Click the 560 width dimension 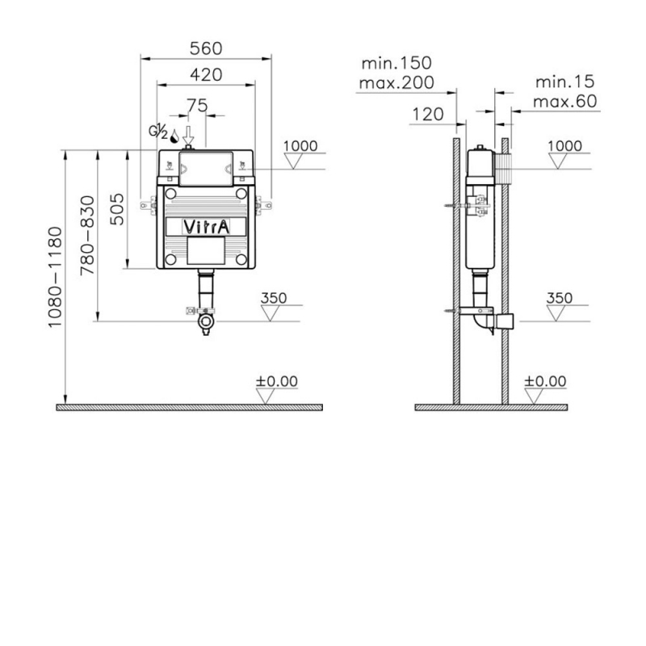tap(206, 48)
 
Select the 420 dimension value tap(206, 75)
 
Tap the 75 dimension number tap(197, 106)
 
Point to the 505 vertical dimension tap(117, 209)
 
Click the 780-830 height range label tap(87, 236)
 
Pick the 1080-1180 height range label tap(55, 277)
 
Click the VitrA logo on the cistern tap(206, 227)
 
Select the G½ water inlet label tap(158, 131)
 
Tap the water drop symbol tap(174, 136)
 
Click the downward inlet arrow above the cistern tap(188, 135)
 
